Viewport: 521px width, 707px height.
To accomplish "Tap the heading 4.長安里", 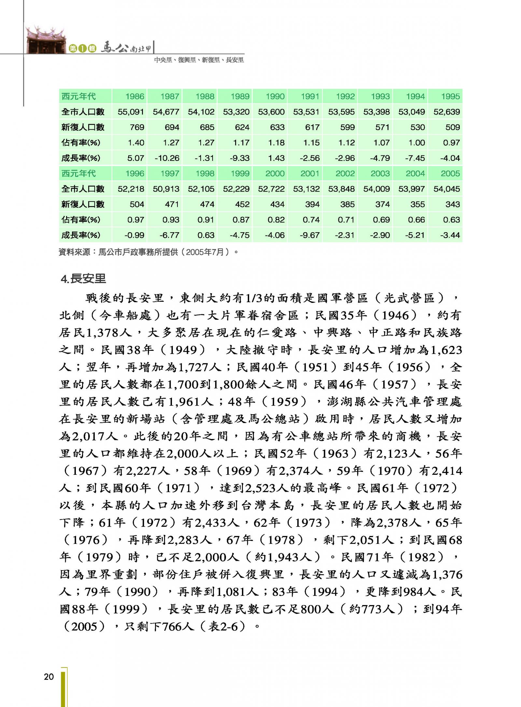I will click(83, 279).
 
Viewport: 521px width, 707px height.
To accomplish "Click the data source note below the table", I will click(148, 252).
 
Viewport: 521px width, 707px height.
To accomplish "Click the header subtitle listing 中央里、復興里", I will click(199, 60).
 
